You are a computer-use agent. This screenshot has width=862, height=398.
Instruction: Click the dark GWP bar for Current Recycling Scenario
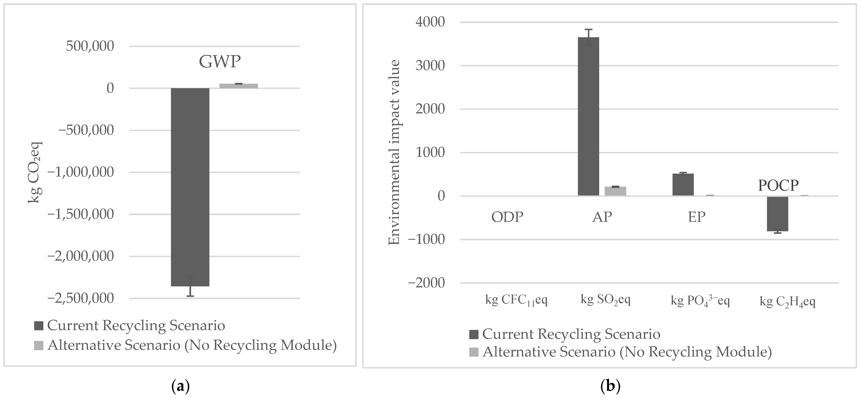coord(190,187)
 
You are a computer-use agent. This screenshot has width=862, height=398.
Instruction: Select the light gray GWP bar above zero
coord(239,86)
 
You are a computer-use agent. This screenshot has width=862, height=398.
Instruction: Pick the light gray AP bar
coord(615,191)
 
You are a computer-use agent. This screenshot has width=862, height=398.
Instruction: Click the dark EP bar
coord(683,184)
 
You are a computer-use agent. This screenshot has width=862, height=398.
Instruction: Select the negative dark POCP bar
coord(777,214)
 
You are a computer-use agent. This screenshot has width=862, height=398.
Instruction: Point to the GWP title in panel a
coord(220,61)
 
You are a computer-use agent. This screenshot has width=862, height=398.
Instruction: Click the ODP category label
coord(507,217)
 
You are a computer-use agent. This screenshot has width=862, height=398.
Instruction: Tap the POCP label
coord(778,185)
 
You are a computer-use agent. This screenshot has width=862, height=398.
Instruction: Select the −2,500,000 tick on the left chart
coord(81,298)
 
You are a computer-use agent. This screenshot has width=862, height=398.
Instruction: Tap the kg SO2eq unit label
coord(605,300)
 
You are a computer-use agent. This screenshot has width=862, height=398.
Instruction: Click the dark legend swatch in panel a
coord(39,326)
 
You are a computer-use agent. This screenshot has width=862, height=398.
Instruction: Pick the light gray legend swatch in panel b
coord(474,352)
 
